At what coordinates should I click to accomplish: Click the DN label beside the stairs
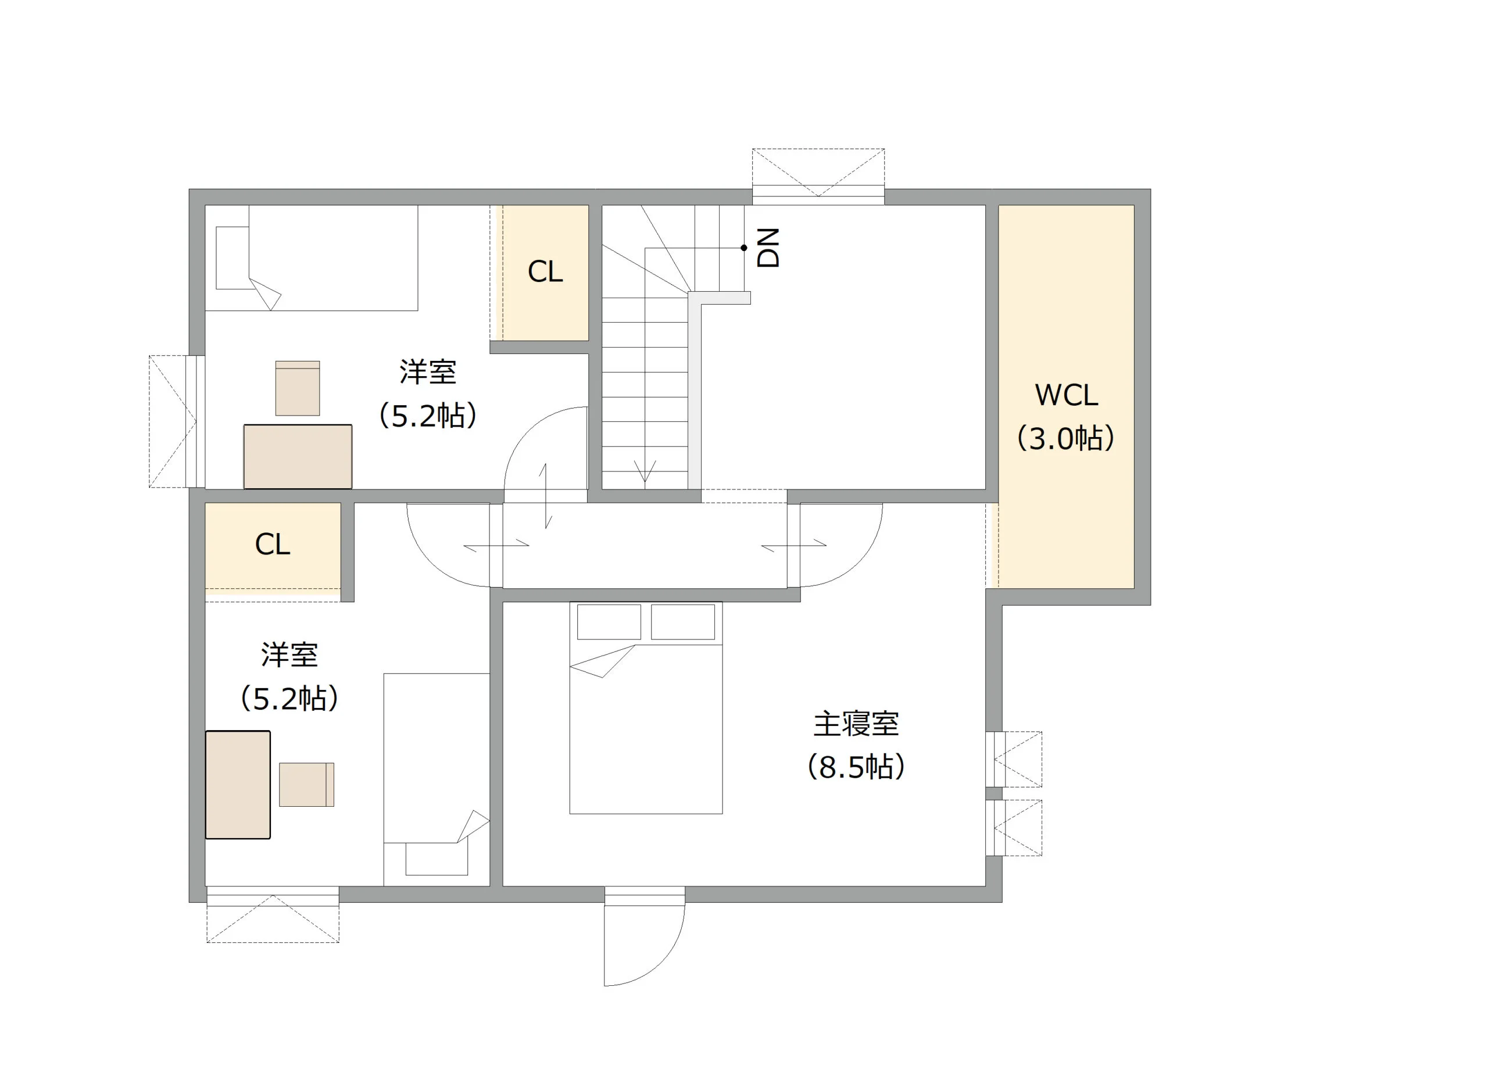768,248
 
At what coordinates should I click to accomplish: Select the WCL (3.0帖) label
1065,416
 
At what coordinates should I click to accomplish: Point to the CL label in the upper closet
545,271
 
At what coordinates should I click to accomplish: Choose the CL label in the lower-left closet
272,544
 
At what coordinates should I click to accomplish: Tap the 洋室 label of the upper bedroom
427,373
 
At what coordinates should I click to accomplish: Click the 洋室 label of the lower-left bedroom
289,654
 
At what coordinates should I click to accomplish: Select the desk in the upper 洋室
298,456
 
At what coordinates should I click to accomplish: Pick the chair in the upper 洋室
298,388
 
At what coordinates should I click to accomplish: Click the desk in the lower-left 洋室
238,785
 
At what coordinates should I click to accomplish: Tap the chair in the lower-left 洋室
306,785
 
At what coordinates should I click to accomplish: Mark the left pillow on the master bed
609,621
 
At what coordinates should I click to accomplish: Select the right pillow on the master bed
683,621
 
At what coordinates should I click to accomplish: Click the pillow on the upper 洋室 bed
233,257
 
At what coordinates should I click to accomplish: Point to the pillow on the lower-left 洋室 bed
437,857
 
